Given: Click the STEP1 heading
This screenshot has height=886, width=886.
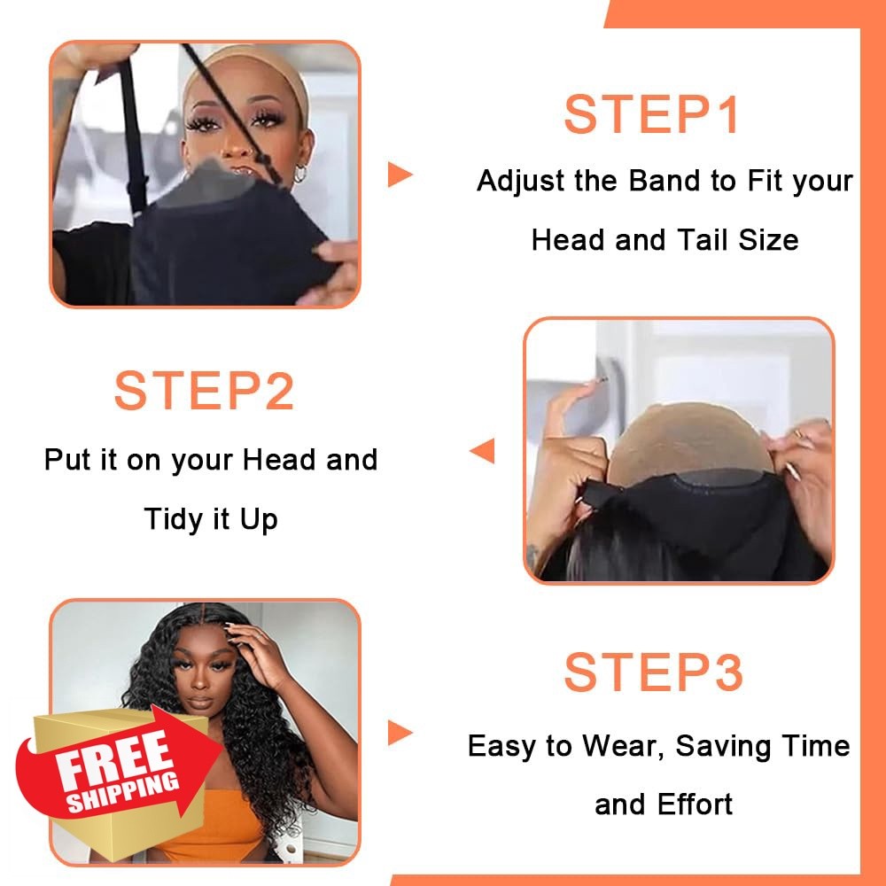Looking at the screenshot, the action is coord(651,114).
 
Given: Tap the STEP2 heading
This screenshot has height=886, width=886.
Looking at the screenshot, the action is coord(204,391).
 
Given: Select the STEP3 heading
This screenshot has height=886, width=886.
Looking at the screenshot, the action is coord(653,672).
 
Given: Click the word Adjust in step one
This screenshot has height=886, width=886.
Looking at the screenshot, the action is coord(521,182).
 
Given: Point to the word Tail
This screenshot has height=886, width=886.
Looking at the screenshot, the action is coord(702,239).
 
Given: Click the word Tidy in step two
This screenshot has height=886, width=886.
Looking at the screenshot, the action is coord(174,519).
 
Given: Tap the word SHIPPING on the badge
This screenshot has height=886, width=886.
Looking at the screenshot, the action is coord(122,793).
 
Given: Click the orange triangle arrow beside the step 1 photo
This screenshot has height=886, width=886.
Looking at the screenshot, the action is coord(400,174).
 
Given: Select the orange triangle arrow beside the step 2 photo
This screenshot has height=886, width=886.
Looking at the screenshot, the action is coord(483,451).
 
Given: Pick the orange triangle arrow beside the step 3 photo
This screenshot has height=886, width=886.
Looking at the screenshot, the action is coord(400,733).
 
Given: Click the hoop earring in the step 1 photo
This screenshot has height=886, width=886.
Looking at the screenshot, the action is coord(299,174).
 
